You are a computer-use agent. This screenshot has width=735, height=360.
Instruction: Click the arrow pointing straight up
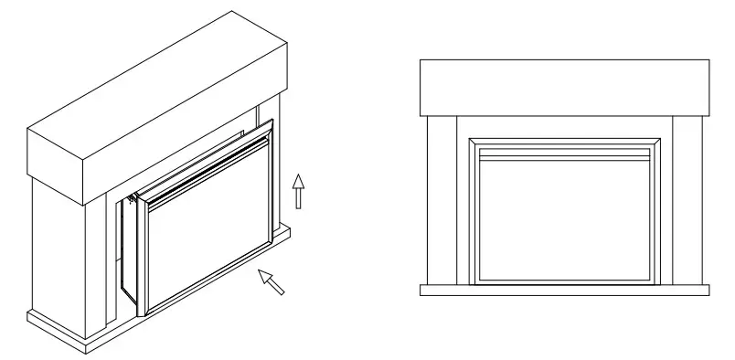pos(297,192)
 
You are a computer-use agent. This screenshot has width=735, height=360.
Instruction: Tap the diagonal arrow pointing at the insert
pos(272,281)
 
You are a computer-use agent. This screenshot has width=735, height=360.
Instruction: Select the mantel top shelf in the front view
pos(564,88)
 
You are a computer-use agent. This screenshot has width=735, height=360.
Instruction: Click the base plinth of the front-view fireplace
pos(564,290)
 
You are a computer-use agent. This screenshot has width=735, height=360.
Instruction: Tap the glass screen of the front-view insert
pos(564,219)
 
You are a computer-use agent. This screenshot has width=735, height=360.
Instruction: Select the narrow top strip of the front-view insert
pos(564,153)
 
